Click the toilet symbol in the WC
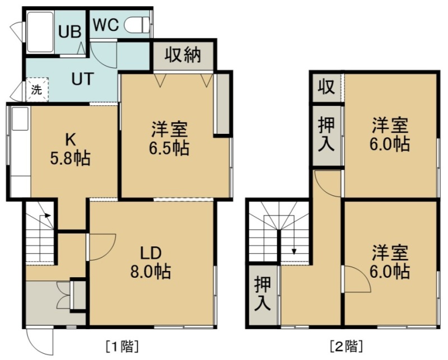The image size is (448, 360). tap(137, 24)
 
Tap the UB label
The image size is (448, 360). tap(69, 31)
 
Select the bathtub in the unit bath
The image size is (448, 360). tap(40, 32)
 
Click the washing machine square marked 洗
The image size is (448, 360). tap(37, 90)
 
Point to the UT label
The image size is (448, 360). tap(82, 79)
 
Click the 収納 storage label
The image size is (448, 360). tap(183, 55)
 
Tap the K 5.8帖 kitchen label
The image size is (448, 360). tap(71, 149)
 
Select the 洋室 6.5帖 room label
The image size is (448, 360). tap(169, 139)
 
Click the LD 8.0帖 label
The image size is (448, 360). tap(151, 263)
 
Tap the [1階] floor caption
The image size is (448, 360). tap(122, 347)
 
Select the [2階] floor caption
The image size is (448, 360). tap(347, 347)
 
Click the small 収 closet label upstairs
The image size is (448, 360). tap(326, 87)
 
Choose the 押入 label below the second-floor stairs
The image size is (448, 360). tap(262, 293)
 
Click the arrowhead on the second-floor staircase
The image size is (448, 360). tap(294, 251)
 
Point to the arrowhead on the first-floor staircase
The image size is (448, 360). tap(48, 216)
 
